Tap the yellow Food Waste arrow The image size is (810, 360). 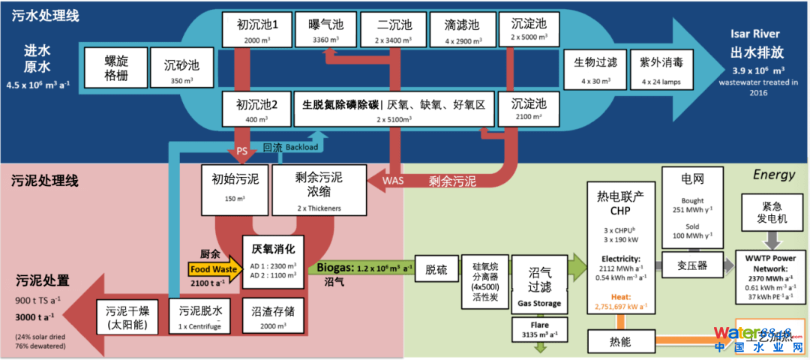[212, 269]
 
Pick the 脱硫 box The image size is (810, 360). [436, 268]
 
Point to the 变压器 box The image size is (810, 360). [691, 265]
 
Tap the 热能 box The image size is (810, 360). [615, 342]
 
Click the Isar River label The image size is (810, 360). [755, 34]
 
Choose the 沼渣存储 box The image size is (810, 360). [272, 316]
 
